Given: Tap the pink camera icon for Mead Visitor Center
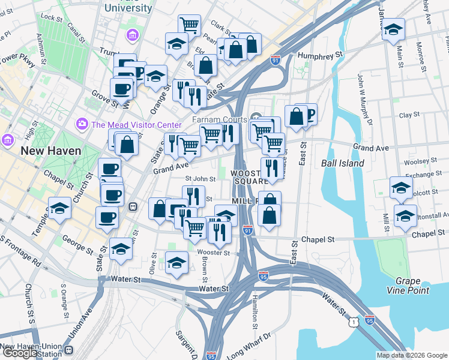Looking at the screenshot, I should click(82, 124).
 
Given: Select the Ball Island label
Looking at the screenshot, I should click(343, 163).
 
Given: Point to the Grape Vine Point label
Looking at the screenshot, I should click(412, 286).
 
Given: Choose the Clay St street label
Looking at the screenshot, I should click(409, 115).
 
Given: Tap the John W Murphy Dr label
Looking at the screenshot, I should click(364, 100).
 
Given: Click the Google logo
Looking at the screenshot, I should click(20, 353).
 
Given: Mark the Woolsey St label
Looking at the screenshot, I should click(421, 161).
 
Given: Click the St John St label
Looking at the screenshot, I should click(200, 178).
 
